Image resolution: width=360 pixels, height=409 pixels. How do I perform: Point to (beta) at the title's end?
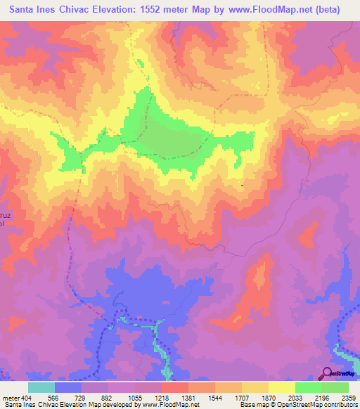(x=337, y=10)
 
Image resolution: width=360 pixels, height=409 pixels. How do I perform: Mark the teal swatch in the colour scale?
(x=41, y=387)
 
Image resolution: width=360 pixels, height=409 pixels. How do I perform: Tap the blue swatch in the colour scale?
(x=68, y=387)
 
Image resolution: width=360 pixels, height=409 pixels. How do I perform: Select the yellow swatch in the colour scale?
(x=282, y=387)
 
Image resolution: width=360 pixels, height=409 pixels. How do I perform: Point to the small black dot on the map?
(x=243, y=186)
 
